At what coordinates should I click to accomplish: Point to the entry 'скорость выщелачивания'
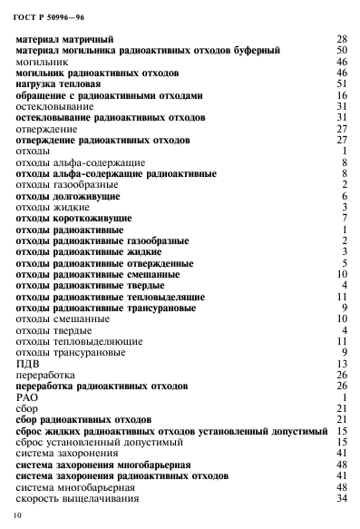tap(76, 497)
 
